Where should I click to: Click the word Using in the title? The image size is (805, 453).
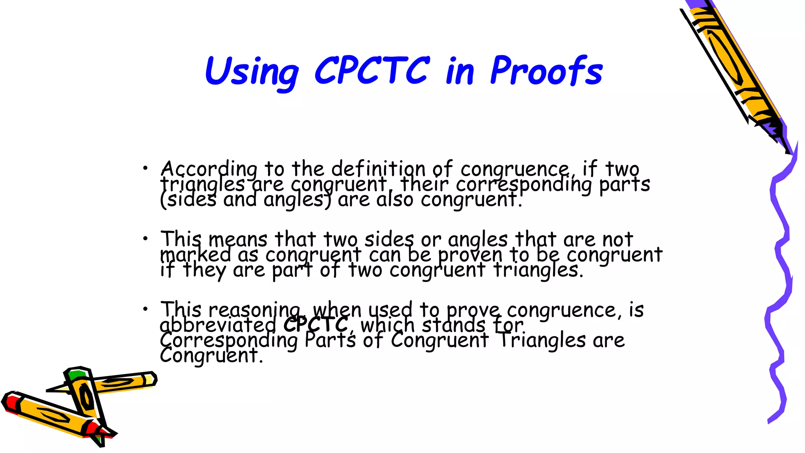tap(252, 72)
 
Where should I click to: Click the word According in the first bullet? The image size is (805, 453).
tap(209, 169)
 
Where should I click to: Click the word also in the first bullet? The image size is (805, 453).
tap(395, 199)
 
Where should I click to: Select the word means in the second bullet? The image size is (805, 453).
tap(238, 239)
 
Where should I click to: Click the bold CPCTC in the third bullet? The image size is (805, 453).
tap(316, 325)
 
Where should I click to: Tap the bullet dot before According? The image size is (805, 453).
tap(145, 168)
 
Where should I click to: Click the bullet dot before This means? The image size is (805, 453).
tap(145, 239)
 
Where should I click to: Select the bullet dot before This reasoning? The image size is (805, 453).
tap(145, 309)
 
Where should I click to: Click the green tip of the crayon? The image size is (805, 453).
tap(76, 374)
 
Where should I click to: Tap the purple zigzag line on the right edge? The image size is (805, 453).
tap(780, 275)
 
